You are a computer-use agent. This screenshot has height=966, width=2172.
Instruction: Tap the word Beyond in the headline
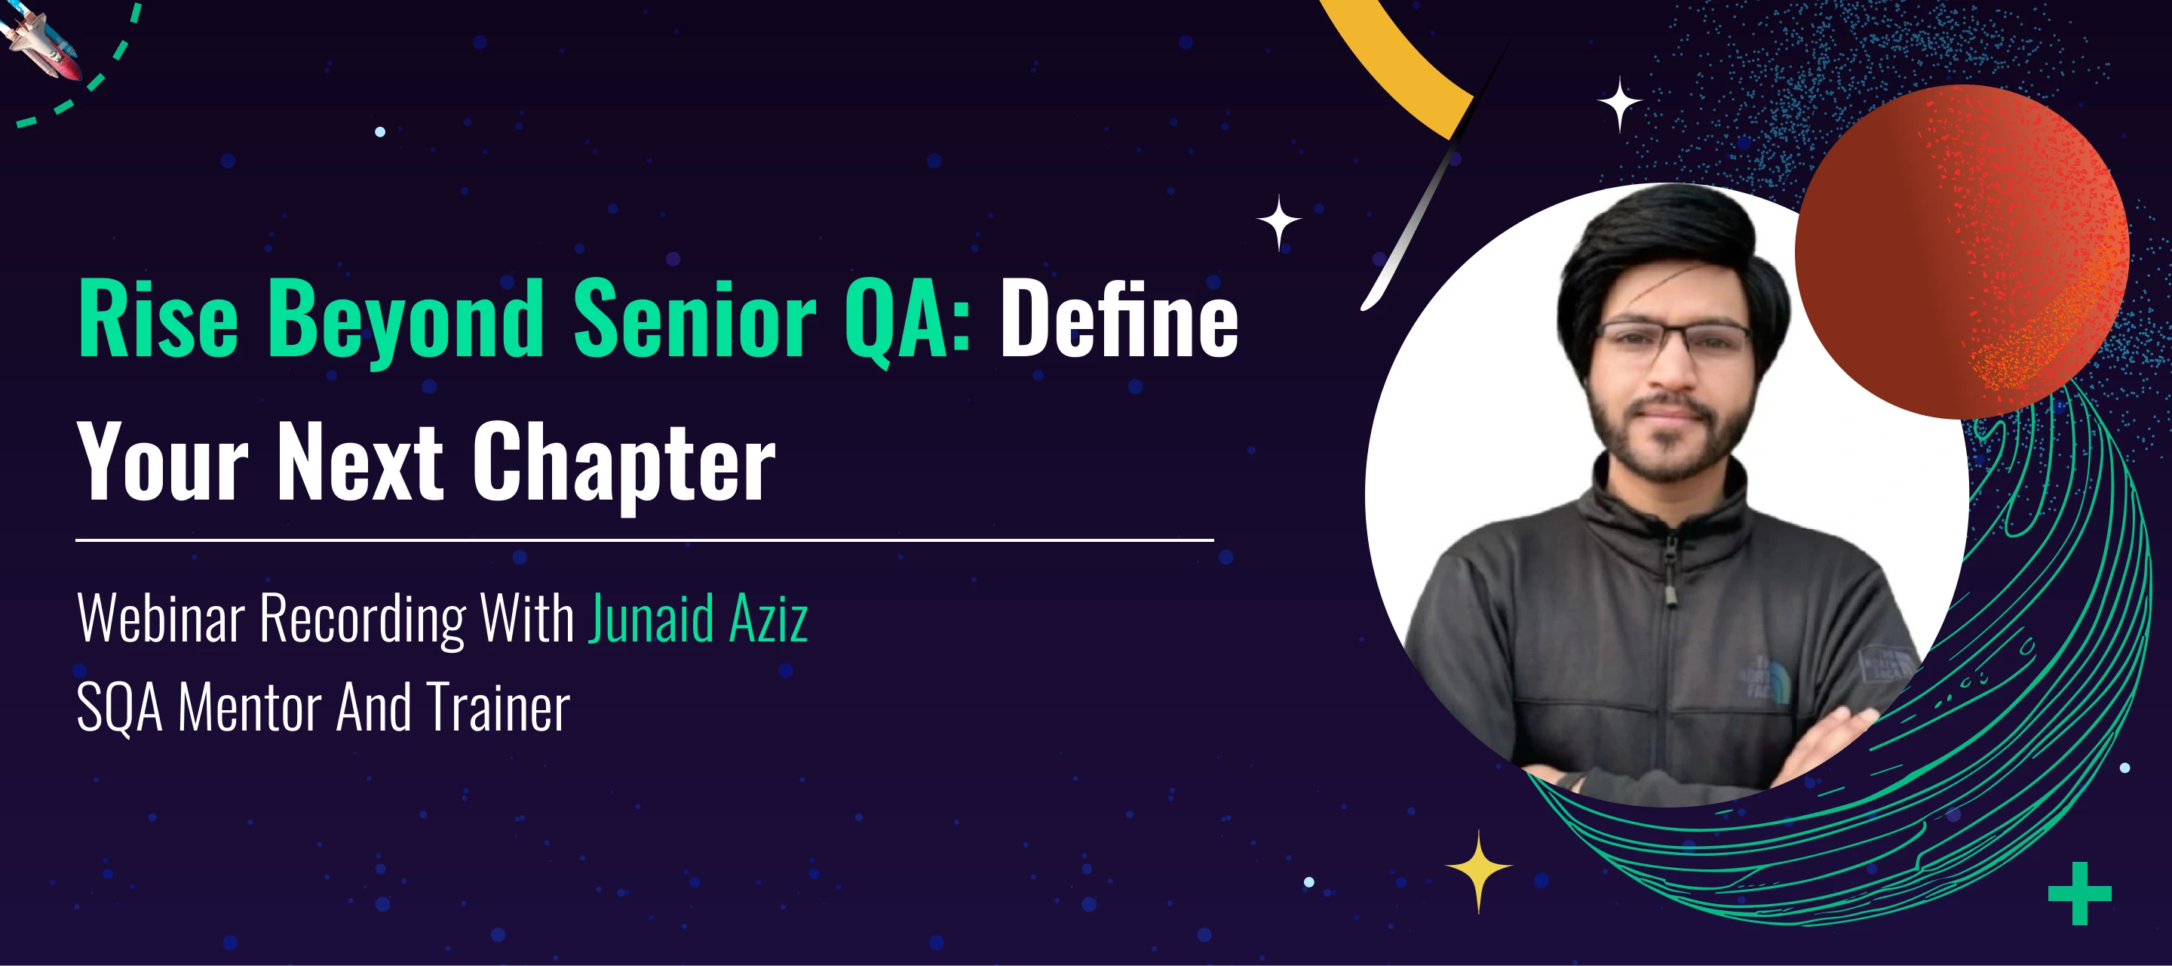pos(406,322)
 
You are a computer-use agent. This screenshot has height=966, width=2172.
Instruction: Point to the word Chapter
pos(623,464)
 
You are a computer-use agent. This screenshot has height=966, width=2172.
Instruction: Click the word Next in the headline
pos(360,460)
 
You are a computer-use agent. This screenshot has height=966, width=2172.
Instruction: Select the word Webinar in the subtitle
pos(161,617)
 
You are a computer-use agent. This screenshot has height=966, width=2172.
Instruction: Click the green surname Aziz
pos(769,617)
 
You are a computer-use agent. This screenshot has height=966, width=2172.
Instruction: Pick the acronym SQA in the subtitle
pos(120,707)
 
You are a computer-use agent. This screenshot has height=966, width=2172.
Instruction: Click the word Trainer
pos(499,706)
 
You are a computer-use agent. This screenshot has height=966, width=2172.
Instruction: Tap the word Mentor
pos(250,706)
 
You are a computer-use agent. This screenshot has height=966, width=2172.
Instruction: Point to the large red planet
pos(1962,251)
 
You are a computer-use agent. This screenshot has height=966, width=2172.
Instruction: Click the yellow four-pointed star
pos(1478,871)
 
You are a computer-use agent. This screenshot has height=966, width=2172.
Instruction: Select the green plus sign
pos(2080,894)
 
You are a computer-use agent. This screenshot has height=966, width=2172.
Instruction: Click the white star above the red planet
pos(1619,104)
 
